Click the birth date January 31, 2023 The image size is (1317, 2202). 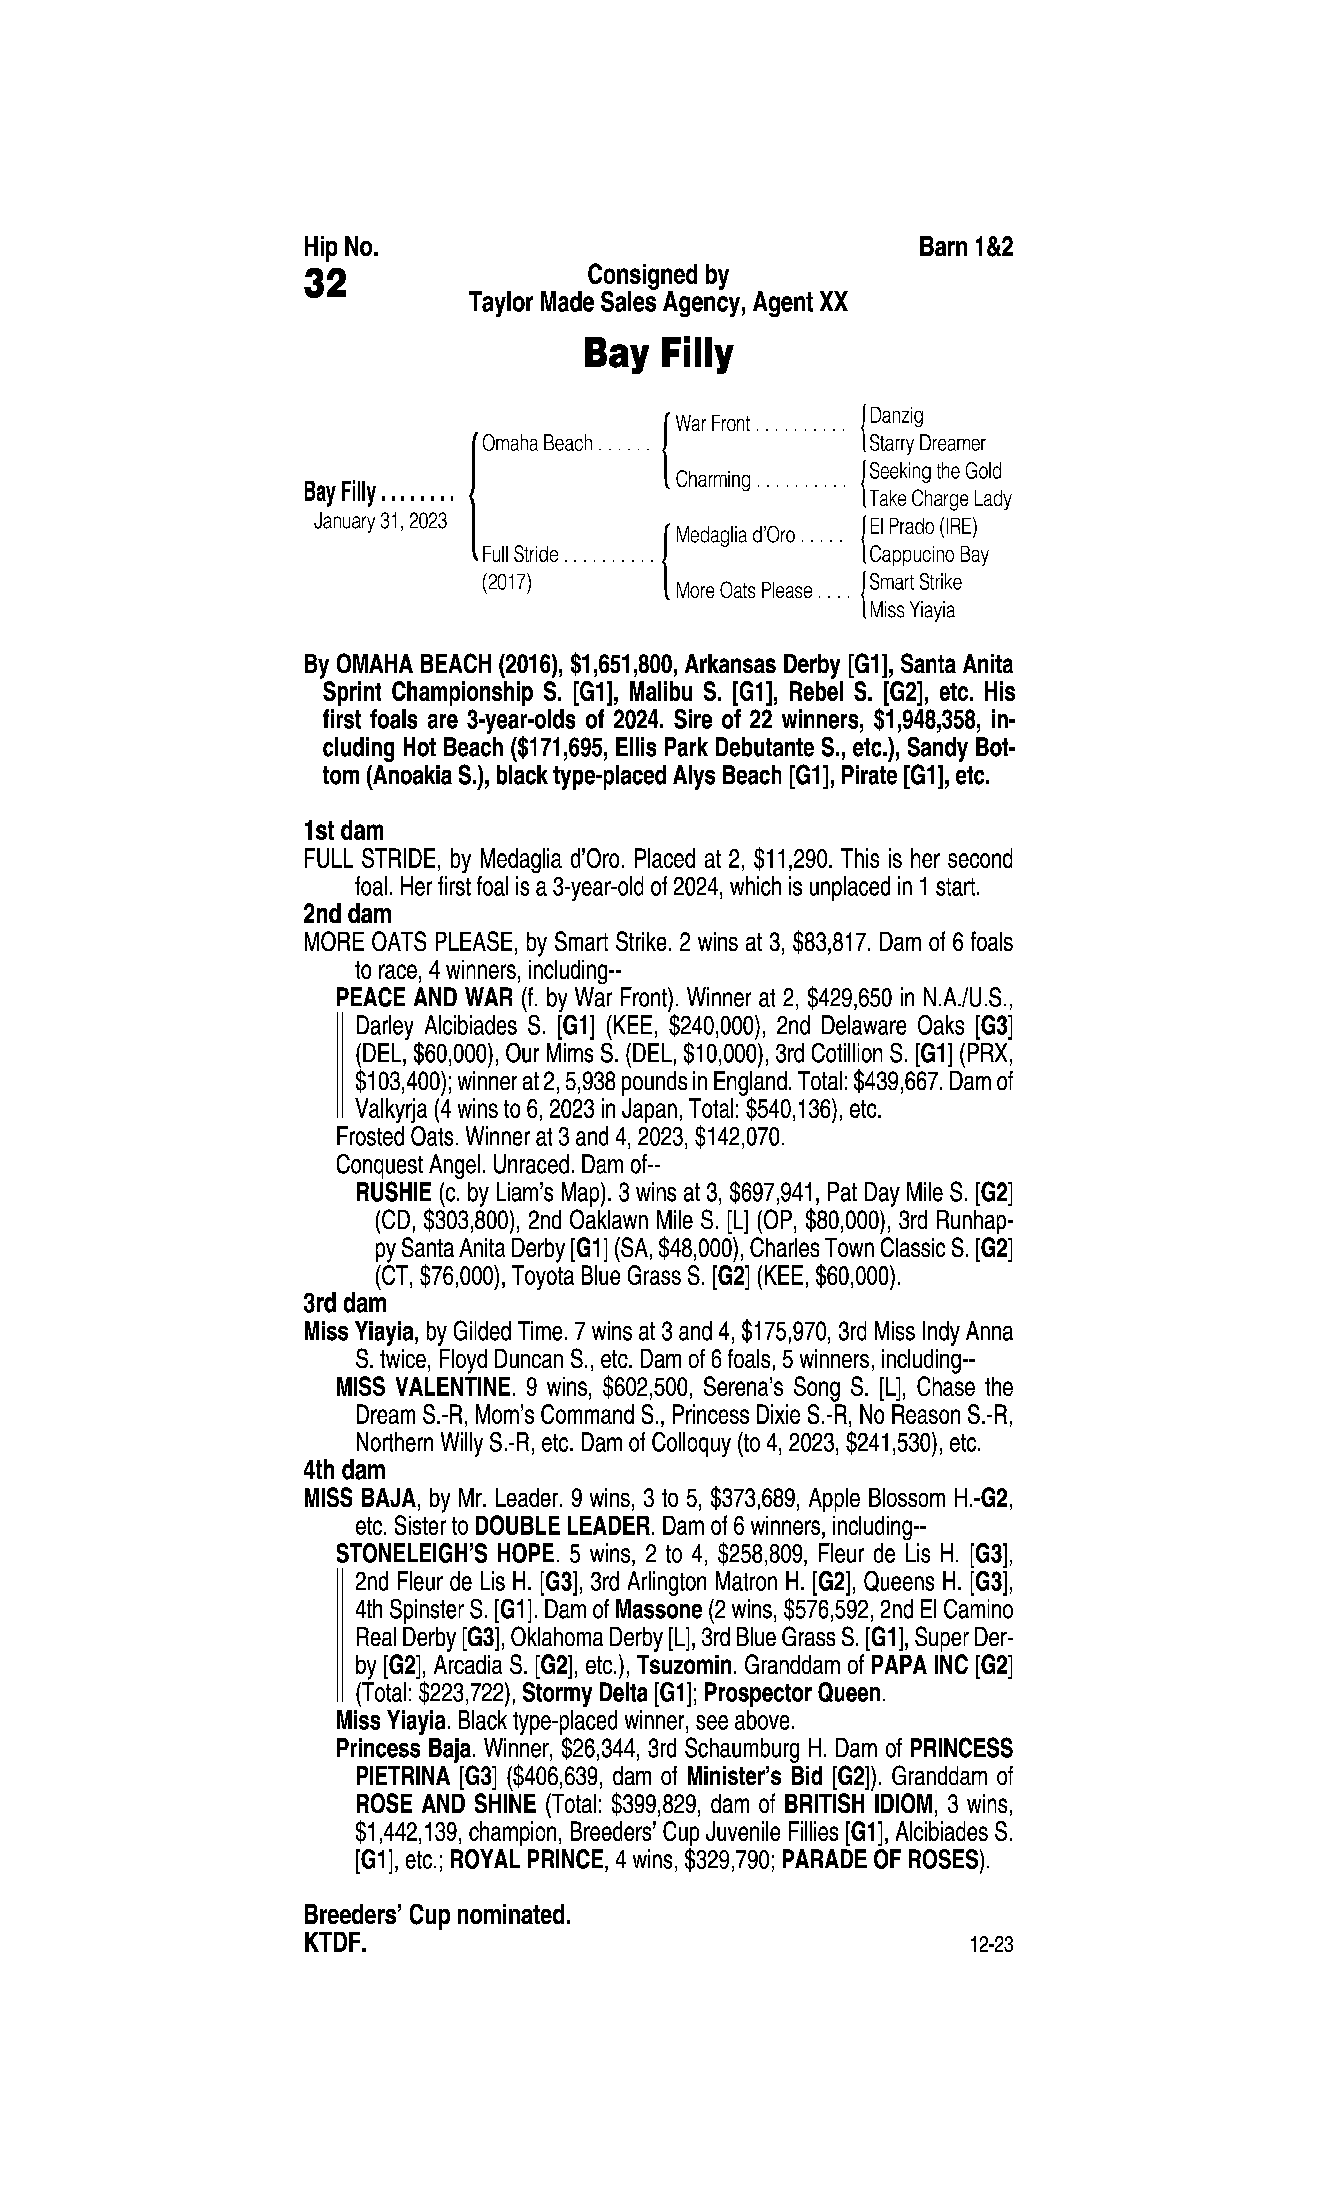380,521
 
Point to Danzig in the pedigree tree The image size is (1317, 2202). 896,415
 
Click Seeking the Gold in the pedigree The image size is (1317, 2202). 935,471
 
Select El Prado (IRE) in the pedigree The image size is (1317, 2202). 923,527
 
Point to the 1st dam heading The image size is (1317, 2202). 344,831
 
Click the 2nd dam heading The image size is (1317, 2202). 347,913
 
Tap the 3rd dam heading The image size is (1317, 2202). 345,1303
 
